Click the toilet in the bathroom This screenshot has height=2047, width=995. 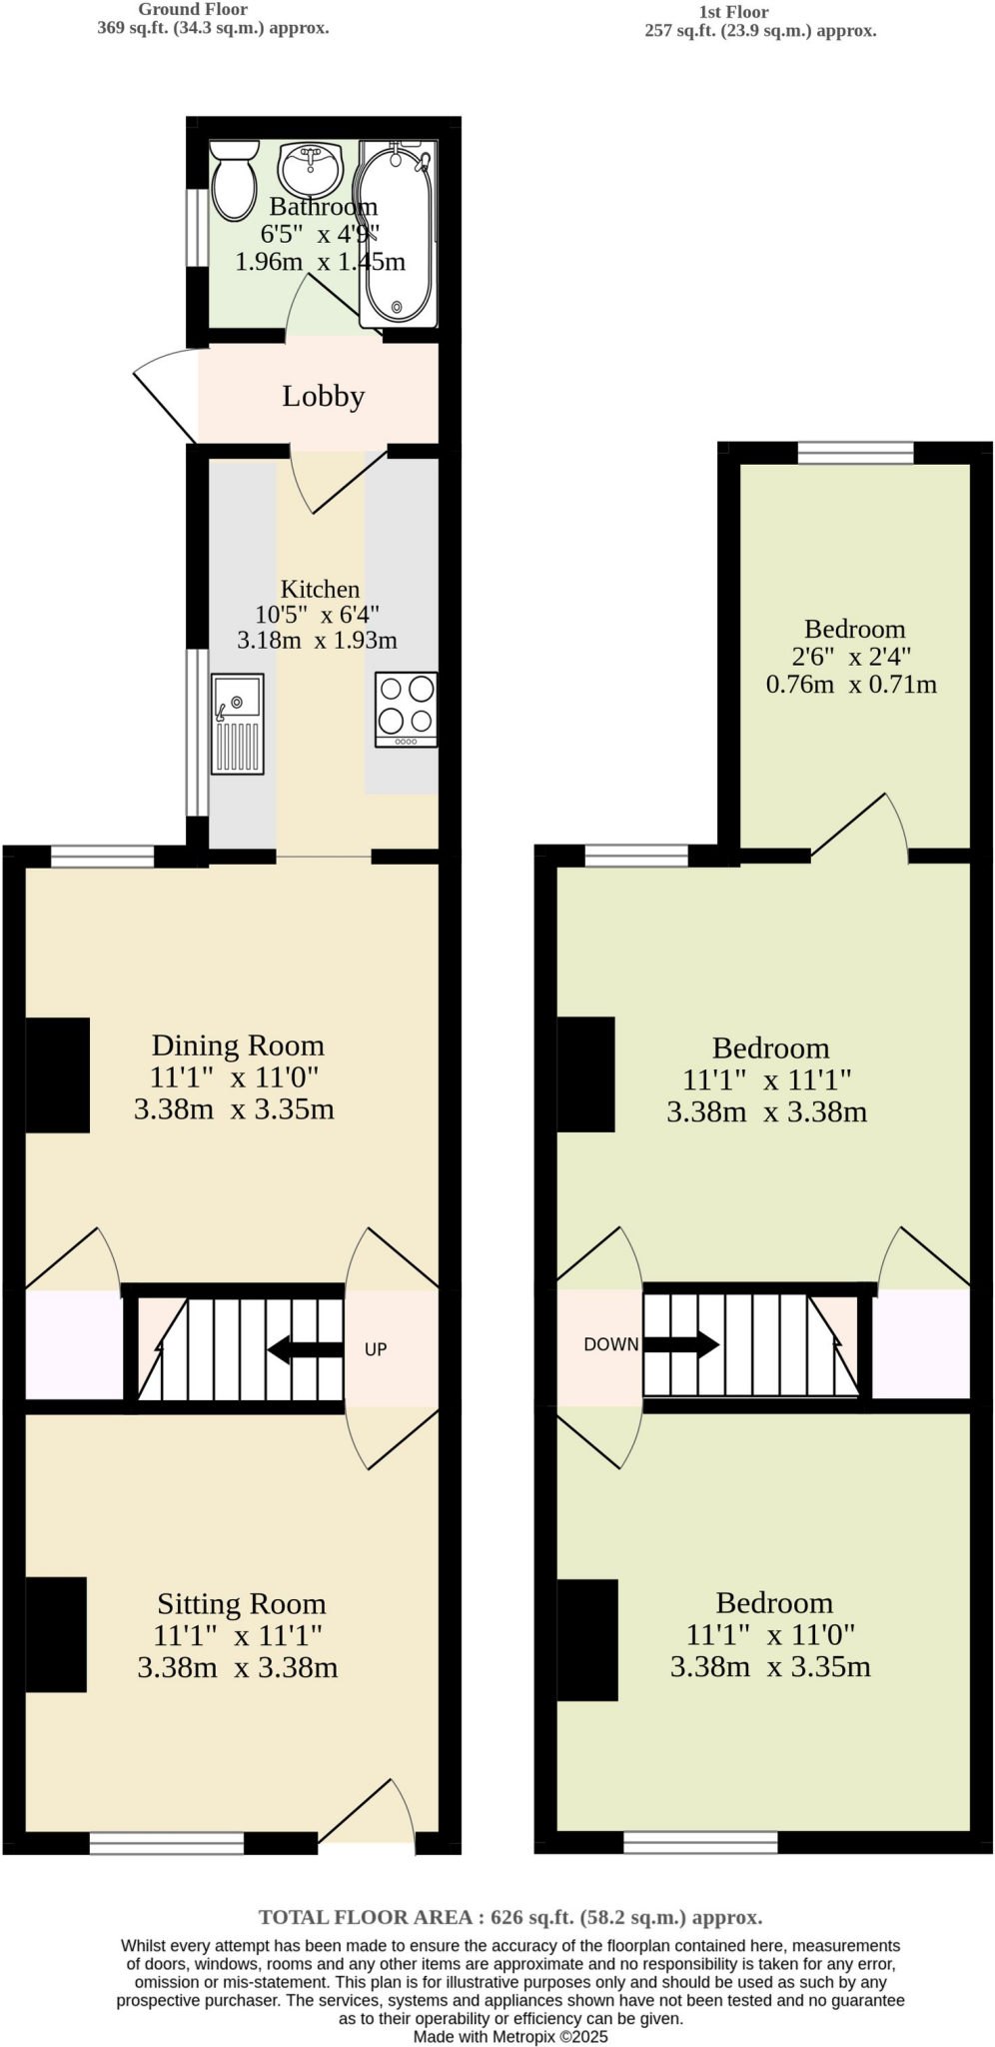pos(235,180)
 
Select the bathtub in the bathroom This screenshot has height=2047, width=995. pos(398,232)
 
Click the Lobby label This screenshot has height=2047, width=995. pos(323,397)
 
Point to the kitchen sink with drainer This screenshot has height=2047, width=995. pos(238,724)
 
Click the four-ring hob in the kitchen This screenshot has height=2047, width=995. pos(406,708)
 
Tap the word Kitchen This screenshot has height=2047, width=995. pos(320,589)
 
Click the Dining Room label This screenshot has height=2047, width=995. pos(238,1045)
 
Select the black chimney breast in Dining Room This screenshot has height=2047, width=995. pos(57,1074)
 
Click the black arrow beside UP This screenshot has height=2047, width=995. pos(306,1349)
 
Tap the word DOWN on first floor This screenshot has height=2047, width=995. pos(610,1344)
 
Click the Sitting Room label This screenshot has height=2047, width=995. pos(241,1604)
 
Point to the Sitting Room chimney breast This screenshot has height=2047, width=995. pos(56,1634)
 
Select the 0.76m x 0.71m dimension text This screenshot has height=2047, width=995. pos(851,685)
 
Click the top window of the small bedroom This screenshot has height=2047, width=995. pos(855,453)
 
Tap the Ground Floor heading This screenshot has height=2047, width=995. pos(193,9)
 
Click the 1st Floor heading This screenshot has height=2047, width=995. pos(733,12)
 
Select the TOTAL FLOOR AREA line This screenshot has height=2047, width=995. pos(510,1917)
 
